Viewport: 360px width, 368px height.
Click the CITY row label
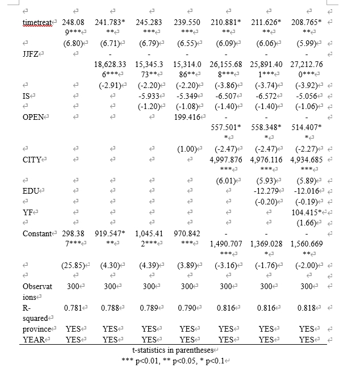pyautogui.click(x=32, y=160)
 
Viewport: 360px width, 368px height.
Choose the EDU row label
pyautogui.click(x=31, y=191)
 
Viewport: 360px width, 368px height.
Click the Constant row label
pyautogui.click(x=39, y=233)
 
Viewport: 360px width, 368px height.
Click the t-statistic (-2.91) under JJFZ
pyautogui.click(x=111, y=86)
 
